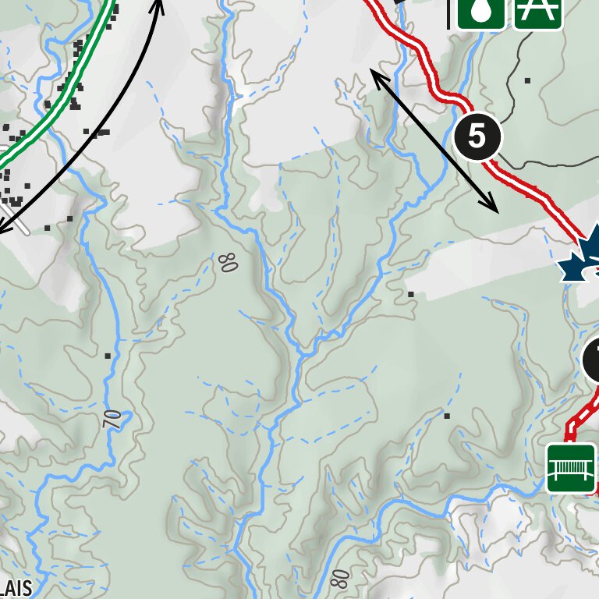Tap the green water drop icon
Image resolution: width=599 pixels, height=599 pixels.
(480, 11)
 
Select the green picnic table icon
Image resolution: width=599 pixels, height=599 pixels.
(538, 11)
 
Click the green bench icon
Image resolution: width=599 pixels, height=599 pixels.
(572, 468)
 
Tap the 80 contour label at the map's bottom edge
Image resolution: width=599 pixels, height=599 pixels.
(338, 579)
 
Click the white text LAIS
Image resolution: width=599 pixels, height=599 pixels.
(16, 587)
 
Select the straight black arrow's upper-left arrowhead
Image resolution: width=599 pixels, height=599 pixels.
(374, 73)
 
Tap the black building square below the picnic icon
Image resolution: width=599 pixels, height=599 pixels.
(528, 80)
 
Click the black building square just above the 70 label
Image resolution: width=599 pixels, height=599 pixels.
(108, 356)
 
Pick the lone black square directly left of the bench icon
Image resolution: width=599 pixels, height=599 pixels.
(447, 416)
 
